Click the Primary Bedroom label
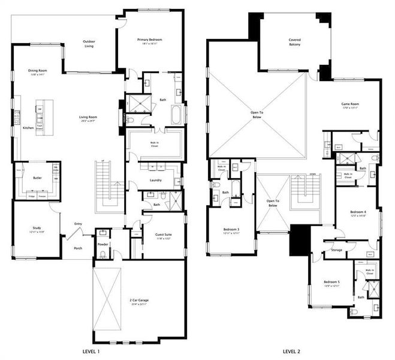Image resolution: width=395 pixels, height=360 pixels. [x=149, y=40]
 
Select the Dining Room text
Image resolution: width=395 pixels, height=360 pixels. [x=38, y=71]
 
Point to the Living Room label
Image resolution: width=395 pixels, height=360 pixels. [x=88, y=118]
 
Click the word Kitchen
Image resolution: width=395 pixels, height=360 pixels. [x=28, y=128]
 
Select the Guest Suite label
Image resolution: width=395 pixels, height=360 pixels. [x=164, y=235]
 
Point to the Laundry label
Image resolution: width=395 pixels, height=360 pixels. [x=155, y=179]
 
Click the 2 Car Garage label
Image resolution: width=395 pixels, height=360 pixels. [x=138, y=300]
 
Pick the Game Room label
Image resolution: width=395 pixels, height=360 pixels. [x=349, y=104]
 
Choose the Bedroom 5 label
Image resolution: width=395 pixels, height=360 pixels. [x=331, y=283]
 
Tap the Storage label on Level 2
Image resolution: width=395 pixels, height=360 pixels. [x=336, y=250]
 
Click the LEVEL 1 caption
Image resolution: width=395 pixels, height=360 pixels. [x=90, y=351]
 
